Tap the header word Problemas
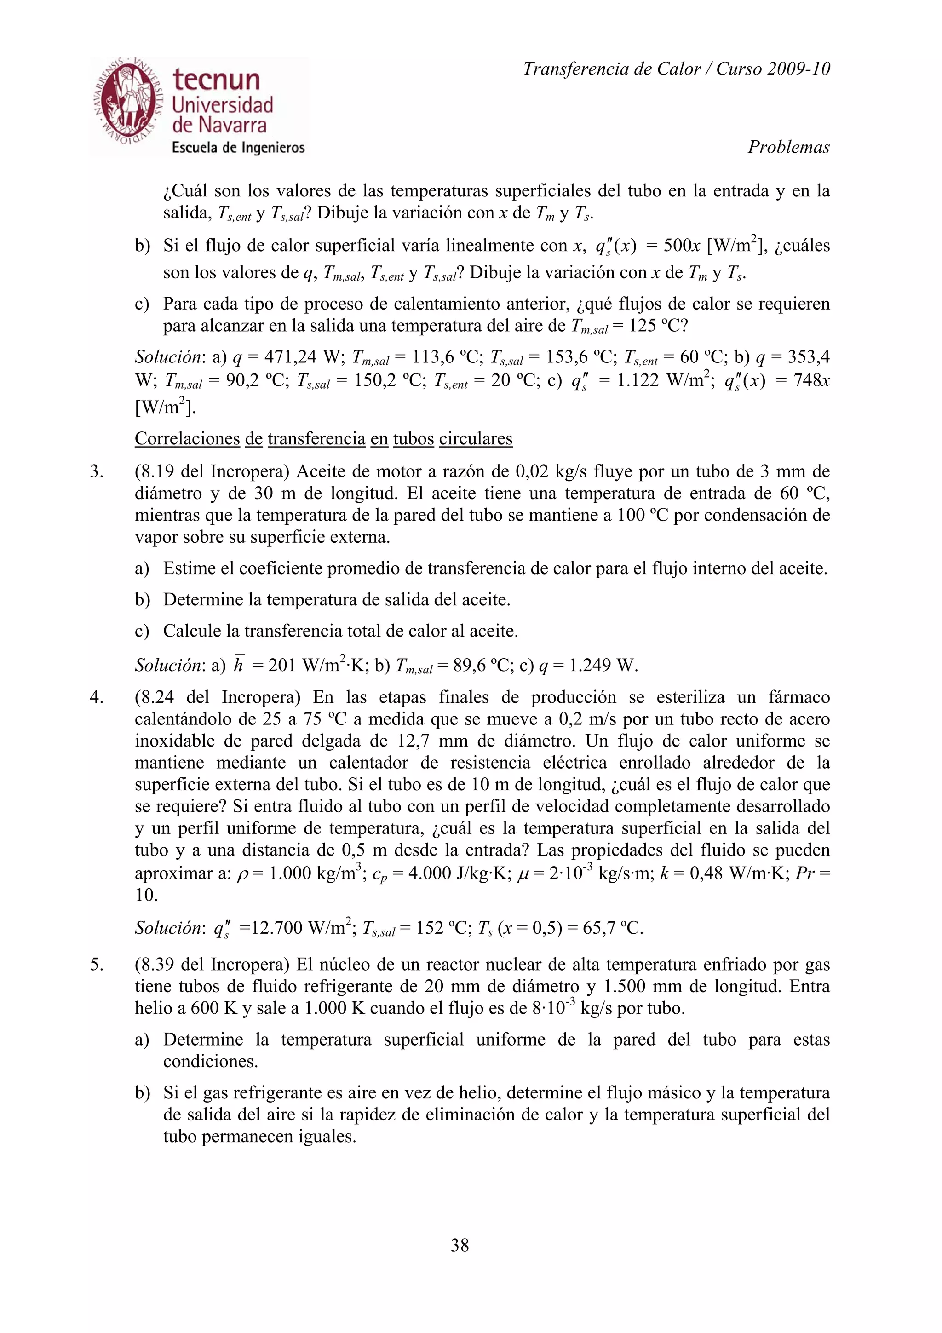click(788, 148)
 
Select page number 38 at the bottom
click(460, 1245)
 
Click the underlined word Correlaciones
click(187, 439)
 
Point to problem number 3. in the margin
click(96, 471)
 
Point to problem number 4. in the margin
click(96, 697)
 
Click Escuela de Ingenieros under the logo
click(238, 148)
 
